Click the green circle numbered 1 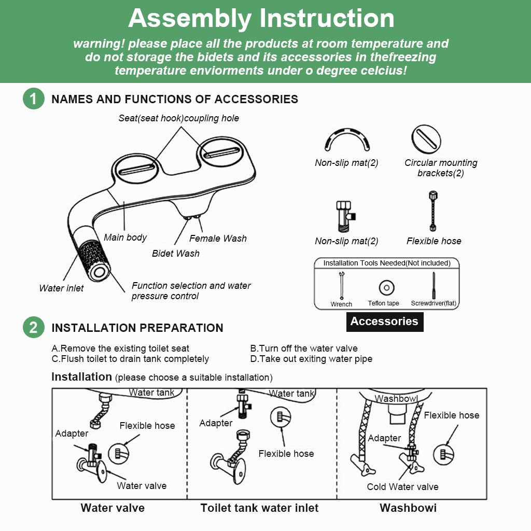pyautogui.click(x=34, y=99)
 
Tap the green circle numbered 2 pyautogui.click(x=34, y=328)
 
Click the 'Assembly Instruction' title pyautogui.click(x=261, y=18)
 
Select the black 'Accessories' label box pyautogui.click(x=384, y=321)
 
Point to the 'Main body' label pyautogui.click(x=125, y=237)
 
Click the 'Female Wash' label pyautogui.click(x=218, y=239)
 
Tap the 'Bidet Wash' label pyautogui.click(x=175, y=254)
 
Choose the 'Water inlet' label pyautogui.click(x=61, y=288)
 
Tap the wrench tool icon pyautogui.click(x=341, y=285)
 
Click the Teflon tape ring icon pyautogui.click(x=385, y=287)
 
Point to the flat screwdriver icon pyautogui.click(x=433, y=285)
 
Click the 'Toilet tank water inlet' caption pyautogui.click(x=259, y=508)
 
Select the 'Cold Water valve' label pyautogui.click(x=402, y=486)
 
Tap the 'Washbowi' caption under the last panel pyautogui.click(x=408, y=508)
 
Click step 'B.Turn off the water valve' pyautogui.click(x=304, y=348)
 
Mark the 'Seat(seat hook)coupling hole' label pyautogui.click(x=179, y=118)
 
